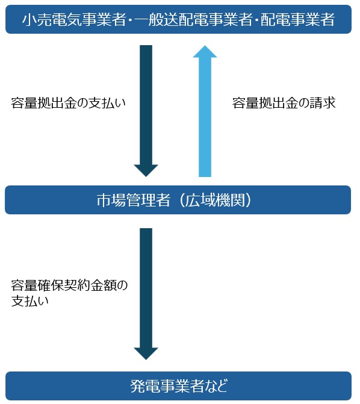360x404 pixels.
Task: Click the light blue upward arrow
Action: pos(205,111)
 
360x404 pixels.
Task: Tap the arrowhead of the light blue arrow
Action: pos(205,51)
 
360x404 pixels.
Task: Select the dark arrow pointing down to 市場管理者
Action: pos(146,111)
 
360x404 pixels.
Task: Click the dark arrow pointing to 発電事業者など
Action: pos(146,294)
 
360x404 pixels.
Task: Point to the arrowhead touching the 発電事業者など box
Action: pos(146,354)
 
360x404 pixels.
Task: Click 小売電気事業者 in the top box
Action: pos(74,20)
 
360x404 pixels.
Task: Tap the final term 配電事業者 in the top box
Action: pos(298,20)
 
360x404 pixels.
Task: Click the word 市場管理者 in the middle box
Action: pos(134,200)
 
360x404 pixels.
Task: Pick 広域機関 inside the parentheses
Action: pos(216,200)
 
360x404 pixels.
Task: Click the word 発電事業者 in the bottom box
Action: pos(167,386)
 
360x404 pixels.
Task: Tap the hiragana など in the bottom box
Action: pos(216,386)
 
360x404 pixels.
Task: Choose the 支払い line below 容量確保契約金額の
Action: pos(30,301)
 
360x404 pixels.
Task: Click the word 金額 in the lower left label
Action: pos(104,285)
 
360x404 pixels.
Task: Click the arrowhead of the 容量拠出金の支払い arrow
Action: pos(146,171)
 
